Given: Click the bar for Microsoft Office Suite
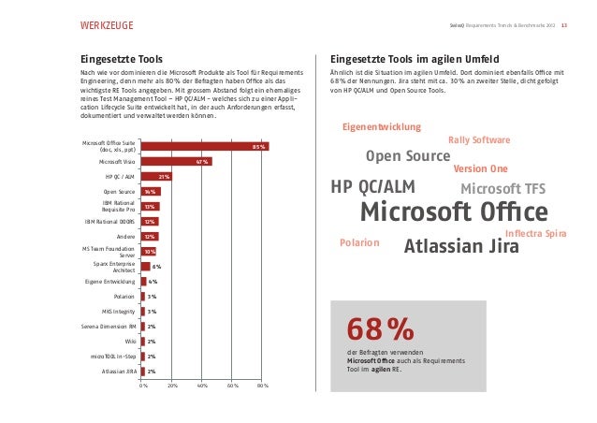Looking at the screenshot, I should click(x=204, y=147).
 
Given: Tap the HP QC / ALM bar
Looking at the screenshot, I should click(x=155, y=176).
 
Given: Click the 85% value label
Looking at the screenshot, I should click(x=259, y=147).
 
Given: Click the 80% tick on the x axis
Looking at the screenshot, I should click(x=263, y=385).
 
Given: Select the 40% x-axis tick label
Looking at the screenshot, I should click(x=202, y=385).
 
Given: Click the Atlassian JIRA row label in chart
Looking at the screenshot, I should click(x=119, y=372).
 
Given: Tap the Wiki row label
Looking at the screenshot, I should click(x=130, y=342).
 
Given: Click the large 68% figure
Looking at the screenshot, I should click(x=380, y=329).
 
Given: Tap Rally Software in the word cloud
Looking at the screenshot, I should click(x=479, y=140).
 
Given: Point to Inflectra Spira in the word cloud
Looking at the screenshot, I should click(x=534, y=232).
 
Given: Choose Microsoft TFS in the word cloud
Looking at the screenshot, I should click(x=502, y=190).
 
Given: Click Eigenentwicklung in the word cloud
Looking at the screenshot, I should click(x=382, y=126).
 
